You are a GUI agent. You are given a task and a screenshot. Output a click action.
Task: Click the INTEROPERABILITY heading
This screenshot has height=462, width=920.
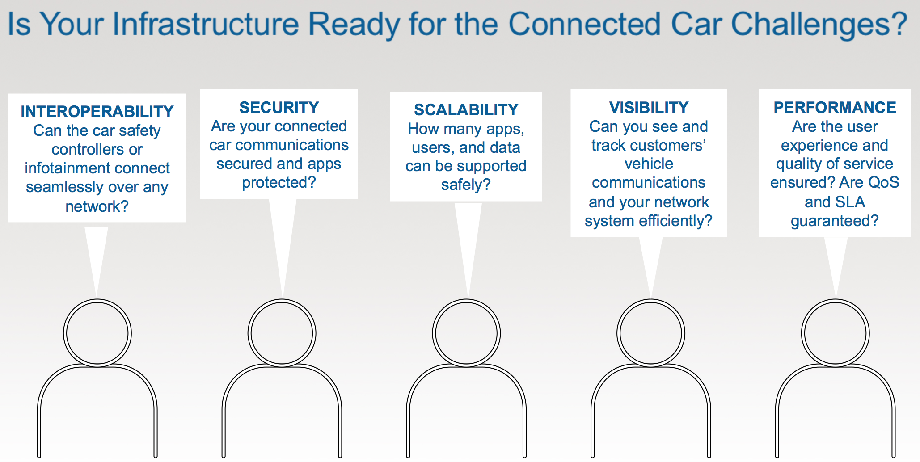tap(97, 111)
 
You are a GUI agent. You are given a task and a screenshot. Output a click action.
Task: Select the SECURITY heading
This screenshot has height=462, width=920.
tap(279, 107)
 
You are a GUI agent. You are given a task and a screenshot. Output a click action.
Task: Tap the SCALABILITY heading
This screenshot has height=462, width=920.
tap(466, 109)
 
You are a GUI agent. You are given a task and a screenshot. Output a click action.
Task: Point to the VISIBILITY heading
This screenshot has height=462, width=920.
tap(649, 107)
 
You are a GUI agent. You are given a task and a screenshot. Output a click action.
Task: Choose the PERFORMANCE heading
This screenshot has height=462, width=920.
tap(835, 107)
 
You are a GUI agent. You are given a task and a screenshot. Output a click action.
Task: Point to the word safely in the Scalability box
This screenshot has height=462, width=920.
tap(461, 185)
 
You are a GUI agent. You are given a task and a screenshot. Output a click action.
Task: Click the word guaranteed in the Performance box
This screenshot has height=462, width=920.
tap(829, 221)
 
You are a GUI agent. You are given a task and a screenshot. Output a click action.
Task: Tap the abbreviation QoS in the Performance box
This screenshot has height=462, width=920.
tap(883, 182)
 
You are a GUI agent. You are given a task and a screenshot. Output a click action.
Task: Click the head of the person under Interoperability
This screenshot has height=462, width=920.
tap(97, 333)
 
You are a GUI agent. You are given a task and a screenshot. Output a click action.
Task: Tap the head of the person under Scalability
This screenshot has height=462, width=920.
tap(466, 333)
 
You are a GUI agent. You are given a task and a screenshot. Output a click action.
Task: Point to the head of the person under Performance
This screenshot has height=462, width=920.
tap(836, 333)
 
